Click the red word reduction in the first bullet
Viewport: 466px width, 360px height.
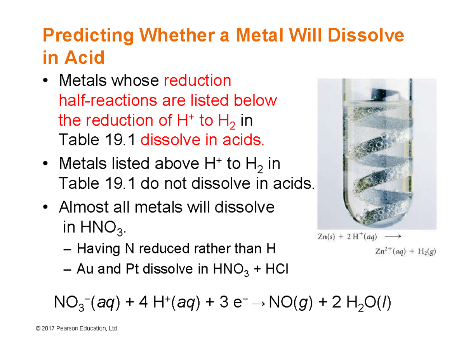pos(198,81)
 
